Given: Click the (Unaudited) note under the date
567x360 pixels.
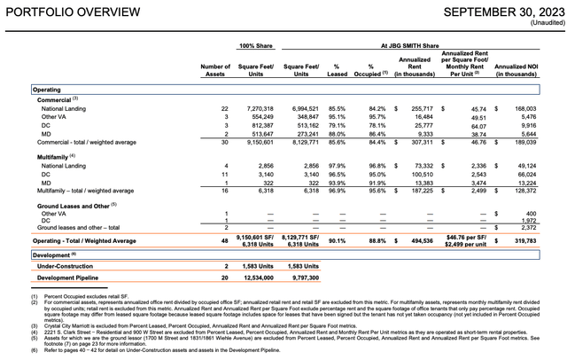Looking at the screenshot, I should (x=540, y=24).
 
